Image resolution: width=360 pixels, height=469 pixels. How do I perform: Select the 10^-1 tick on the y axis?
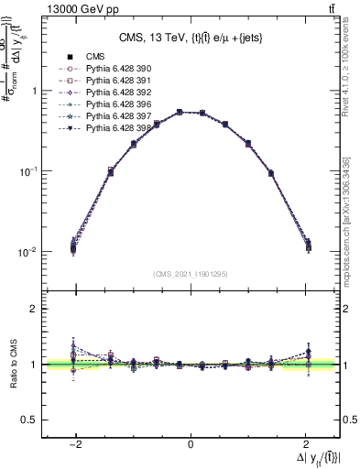[27, 171]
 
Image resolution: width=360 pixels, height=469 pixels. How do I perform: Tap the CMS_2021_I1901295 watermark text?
[191, 274]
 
